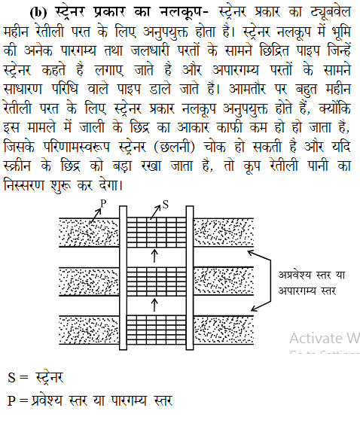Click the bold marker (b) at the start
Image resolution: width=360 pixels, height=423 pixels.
(x=39, y=13)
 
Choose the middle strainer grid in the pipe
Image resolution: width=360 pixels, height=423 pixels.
(x=154, y=277)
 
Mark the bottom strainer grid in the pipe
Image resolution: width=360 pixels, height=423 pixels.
(x=154, y=324)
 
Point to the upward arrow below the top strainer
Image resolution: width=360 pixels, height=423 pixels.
(x=154, y=256)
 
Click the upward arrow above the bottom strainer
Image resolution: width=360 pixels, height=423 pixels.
(x=154, y=303)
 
